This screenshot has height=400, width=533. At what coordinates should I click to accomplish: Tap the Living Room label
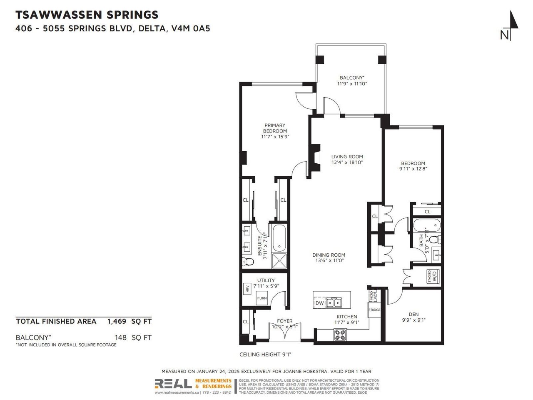(x=347, y=157)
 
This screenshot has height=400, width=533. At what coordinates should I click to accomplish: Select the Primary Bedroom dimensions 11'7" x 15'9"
(x=275, y=137)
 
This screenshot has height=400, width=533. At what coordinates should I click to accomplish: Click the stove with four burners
(x=340, y=335)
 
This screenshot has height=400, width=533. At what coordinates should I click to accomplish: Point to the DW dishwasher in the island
(x=319, y=302)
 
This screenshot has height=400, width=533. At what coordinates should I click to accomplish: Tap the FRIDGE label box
(x=374, y=310)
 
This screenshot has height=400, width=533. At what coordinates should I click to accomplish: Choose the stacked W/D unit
(x=433, y=277)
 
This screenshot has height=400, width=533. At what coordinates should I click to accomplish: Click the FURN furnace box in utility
(x=262, y=298)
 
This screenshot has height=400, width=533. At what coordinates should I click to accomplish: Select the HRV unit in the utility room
(x=247, y=289)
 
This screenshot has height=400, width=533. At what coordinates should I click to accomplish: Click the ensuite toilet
(x=248, y=262)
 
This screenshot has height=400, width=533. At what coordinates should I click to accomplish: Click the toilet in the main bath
(x=435, y=240)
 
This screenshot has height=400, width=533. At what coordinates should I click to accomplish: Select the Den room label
(x=413, y=314)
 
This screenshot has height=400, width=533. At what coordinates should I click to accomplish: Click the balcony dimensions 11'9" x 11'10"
(x=352, y=84)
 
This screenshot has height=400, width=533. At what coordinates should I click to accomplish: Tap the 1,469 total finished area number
(x=117, y=321)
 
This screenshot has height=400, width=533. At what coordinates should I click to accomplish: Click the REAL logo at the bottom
(x=173, y=384)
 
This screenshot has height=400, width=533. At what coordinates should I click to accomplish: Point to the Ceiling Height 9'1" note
(x=265, y=355)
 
